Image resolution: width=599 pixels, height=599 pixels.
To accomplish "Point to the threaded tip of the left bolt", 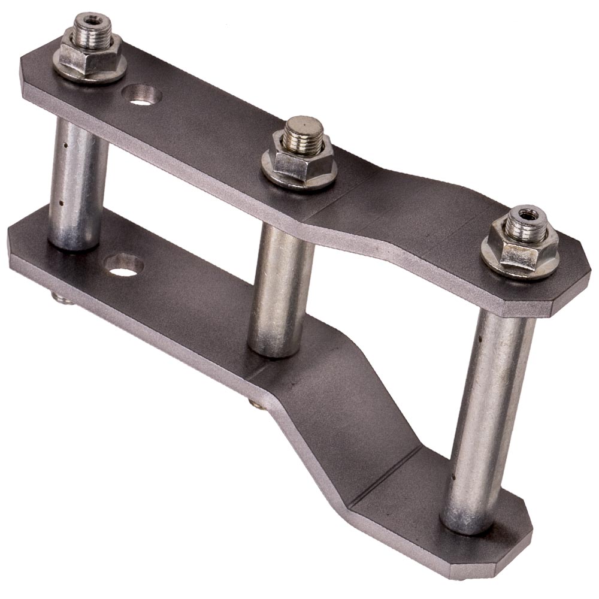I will [93, 24].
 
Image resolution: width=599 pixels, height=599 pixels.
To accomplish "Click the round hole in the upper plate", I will [141, 95].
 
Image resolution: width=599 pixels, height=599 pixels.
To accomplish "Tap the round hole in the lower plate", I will [124, 265].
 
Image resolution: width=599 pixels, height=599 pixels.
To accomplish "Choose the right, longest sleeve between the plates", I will [488, 419].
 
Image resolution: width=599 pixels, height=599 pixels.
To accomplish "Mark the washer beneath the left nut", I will [90, 75].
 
